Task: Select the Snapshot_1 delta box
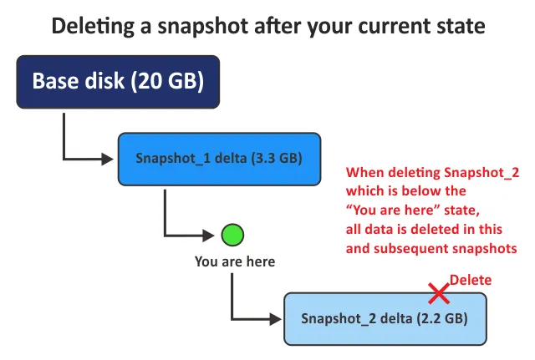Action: coord(219,158)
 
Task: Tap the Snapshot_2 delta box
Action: coord(384,319)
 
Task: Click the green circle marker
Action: coord(232,235)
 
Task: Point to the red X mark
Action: coord(438,292)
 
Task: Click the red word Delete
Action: coord(471,281)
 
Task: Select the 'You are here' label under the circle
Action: coord(234,261)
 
